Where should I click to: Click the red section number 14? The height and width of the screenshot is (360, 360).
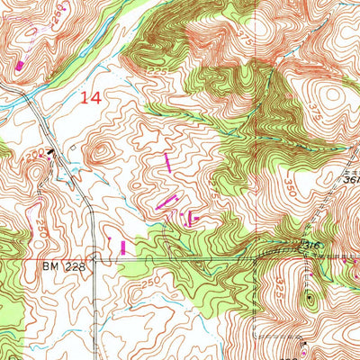pyautogui.click(x=90, y=97)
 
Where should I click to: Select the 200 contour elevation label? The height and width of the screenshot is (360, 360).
pyautogui.click(x=34, y=155)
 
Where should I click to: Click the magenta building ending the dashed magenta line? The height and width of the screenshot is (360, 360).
pyautogui.click(x=20, y=65)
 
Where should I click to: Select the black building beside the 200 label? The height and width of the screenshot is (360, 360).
pyautogui.click(x=51, y=155)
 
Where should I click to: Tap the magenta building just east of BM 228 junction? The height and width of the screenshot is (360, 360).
pyautogui.click(x=123, y=246)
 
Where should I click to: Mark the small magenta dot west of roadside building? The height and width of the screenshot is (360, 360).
pyautogui.click(x=109, y=237)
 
